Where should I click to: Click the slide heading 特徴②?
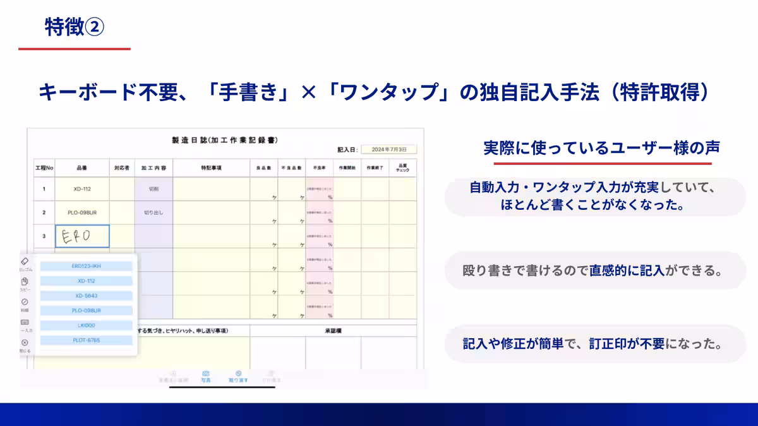(74, 27)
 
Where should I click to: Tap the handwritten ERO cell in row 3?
(82, 236)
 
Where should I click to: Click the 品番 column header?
(82, 169)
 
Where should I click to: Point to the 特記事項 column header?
(211, 169)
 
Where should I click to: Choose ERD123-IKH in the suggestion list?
(86, 266)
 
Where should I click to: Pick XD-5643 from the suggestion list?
(86, 296)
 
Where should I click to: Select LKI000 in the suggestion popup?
(86, 326)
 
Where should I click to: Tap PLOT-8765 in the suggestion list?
(86, 341)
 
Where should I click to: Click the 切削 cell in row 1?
(153, 189)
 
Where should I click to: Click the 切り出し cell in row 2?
(153, 212)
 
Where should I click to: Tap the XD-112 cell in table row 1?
(82, 189)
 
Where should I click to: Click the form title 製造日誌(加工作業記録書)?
(225, 140)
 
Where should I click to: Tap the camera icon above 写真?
(205, 374)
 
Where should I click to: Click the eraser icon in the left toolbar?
(25, 261)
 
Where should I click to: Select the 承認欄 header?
(333, 331)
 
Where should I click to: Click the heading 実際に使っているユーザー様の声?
(601, 148)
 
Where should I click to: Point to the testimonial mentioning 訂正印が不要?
(593, 344)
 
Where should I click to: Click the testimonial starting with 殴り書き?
(593, 271)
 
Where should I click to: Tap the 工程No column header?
(44, 169)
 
